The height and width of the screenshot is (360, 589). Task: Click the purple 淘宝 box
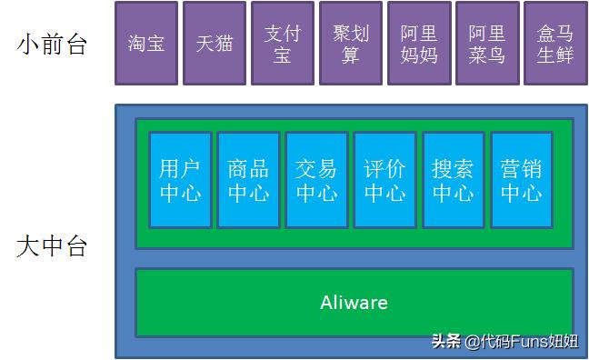tap(146, 43)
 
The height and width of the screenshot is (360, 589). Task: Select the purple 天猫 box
tap(215, 43)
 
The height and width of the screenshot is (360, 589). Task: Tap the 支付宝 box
tap(283, 43)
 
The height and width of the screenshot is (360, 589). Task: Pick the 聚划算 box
tap(351, 43)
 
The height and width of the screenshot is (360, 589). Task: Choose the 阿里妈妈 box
tap(419, 43)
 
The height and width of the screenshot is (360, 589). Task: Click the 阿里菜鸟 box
tap(487, 43)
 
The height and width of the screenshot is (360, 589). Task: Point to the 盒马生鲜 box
tap(555, 43)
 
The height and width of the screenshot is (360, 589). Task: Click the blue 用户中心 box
tap(180, 180)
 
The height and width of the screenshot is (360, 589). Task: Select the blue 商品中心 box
tap(248, 180)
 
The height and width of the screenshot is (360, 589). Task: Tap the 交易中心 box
tap(316, 180)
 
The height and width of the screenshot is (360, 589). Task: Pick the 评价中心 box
tap(384, 180)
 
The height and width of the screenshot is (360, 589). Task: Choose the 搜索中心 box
tap(453, 180)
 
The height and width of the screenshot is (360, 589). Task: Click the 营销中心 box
tap(521, 180)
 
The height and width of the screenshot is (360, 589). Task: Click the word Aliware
tap(354, 303)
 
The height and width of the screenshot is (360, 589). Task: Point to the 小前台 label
tap(52, 44)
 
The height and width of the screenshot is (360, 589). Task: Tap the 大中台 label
tap(52, 245)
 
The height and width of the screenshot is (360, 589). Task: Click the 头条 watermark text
tap(445, 342)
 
